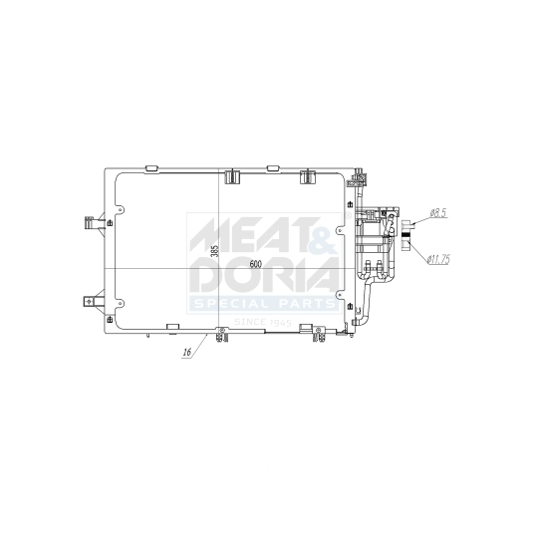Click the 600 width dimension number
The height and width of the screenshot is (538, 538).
256,264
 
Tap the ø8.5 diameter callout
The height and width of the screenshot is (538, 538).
439,212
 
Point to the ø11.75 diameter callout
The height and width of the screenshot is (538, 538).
438,259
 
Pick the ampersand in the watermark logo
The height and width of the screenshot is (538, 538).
321,238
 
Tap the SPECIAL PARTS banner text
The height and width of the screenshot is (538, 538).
264,303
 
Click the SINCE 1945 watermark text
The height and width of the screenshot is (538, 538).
264,322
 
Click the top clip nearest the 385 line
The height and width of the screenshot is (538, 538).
232,177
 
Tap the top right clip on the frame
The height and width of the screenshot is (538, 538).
307,177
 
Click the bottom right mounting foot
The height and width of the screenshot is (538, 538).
321,336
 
